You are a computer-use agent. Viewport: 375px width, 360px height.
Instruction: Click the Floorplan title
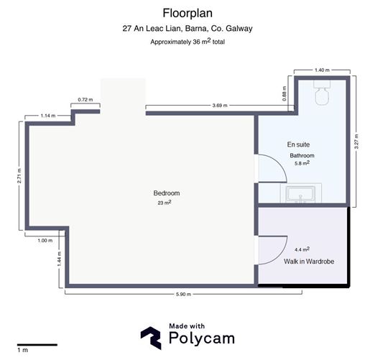[x=187, y=13]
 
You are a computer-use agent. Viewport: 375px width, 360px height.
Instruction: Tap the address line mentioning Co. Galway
[x=187, y=29]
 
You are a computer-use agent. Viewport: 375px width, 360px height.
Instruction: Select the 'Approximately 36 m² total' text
[x=187, y=42]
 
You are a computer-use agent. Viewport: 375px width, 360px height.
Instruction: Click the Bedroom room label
[x=167, y=193]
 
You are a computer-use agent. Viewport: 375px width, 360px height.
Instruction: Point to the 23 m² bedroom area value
[x=165, y=203]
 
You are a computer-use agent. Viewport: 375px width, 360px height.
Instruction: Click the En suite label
[x=298, y=144]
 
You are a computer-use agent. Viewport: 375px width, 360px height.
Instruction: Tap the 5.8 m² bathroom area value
[x=302, y=163]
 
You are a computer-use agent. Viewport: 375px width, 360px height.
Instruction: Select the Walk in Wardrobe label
[x=309, y=262]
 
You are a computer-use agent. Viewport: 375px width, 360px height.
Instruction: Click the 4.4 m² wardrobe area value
[x=302, y=249]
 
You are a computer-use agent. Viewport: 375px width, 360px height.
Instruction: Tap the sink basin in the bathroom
[x=301, y=193]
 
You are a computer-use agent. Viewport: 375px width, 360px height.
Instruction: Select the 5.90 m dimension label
[x=183, y=295]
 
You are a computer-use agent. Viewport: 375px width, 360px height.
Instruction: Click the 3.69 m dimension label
[x=220, y=106]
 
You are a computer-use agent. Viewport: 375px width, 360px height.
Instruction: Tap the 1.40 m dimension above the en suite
[x=322, y=70]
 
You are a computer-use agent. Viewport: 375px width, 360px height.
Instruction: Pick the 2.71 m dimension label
[x=19, y=176]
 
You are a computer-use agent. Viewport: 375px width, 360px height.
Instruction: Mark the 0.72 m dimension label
[x=85, y=100]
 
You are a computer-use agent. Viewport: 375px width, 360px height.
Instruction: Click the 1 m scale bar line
[x=37, y=345]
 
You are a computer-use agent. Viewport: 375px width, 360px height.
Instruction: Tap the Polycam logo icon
[x=151, y=338]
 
